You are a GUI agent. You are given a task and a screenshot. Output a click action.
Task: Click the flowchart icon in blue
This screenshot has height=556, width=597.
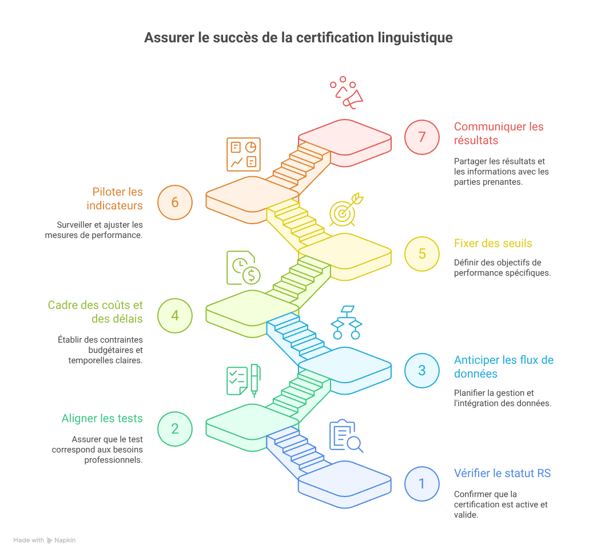click(347, 322)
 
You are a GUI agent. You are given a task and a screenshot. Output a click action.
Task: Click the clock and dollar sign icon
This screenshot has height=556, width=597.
click(244, 268)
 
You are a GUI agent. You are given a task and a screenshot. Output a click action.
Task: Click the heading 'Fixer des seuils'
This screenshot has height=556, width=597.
click(493, 243)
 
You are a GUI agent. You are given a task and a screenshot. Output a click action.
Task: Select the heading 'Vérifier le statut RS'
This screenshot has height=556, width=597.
click(502, 474)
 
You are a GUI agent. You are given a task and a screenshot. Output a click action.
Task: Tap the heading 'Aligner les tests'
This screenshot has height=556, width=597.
click(102, 419)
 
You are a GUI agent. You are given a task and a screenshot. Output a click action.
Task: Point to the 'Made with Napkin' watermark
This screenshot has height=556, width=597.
click(44, 540)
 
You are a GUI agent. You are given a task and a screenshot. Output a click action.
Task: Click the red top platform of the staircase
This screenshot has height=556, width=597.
click(345, 138)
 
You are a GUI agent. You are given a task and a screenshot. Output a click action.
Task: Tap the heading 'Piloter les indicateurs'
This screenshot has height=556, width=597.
click(114, 198)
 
